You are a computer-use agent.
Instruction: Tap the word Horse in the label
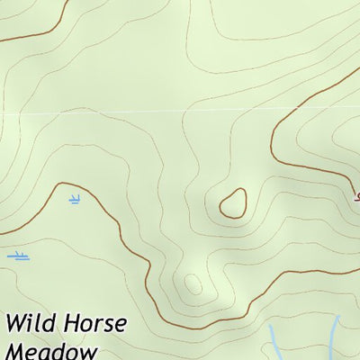(94, 324)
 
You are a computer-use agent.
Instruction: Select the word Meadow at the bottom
(50, 351)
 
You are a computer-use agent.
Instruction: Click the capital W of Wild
(15, 324)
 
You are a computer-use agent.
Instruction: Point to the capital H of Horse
(69, 324)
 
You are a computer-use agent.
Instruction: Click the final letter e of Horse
(121, 325)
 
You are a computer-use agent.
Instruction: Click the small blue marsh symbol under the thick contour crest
(74, 199)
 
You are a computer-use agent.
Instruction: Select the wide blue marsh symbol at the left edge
(18, 256)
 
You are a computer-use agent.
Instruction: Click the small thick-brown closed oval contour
(233, 202)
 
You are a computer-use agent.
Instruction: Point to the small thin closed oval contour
(193, 284)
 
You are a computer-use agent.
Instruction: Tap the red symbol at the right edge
(356, 196)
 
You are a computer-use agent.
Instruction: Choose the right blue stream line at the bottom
(335, 337)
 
